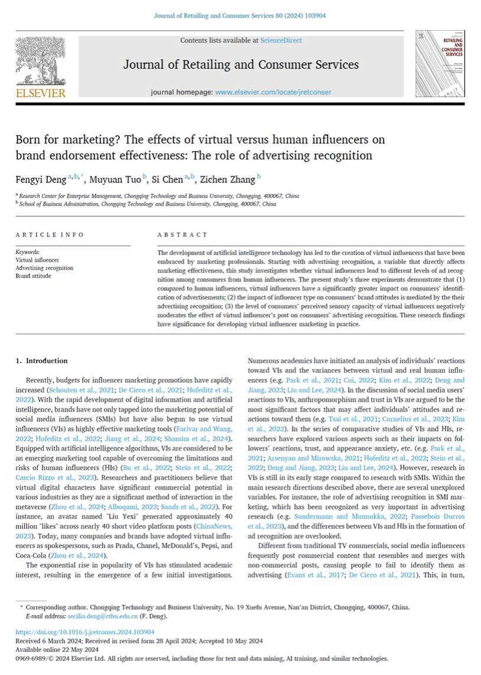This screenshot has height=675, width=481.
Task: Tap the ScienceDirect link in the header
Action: [x=281, y=40]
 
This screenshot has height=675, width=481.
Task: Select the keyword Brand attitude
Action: [x=33, y=276]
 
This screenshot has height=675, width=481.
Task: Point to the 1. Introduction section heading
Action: [x=41, y=361]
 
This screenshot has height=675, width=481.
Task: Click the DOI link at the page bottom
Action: [x=77, y=631]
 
